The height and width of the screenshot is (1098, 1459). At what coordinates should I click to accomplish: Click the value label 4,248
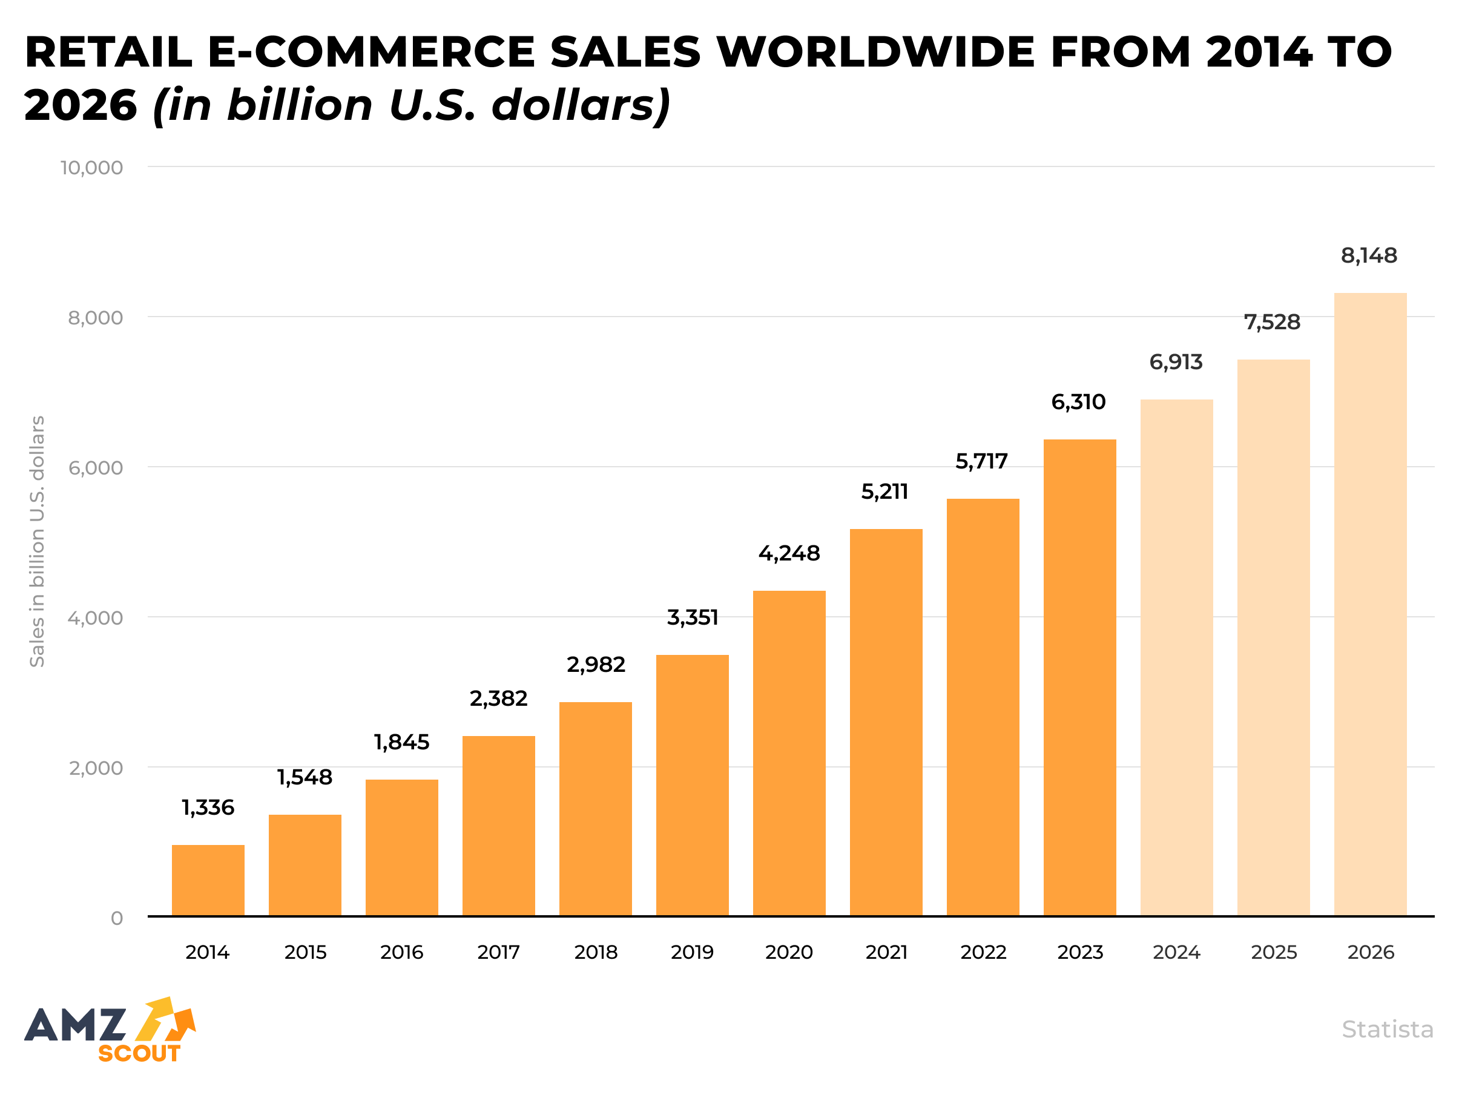coord(789,553)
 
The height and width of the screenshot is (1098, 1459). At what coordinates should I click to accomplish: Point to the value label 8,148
coord(1369,255)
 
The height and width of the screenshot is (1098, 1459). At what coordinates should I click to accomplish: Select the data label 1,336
coord(208,807)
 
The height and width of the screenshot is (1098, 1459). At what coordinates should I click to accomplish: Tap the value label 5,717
coord(981,461)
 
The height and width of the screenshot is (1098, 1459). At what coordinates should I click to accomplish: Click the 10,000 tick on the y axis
coord(91,168)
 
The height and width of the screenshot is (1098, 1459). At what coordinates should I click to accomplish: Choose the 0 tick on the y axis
coord(117,918)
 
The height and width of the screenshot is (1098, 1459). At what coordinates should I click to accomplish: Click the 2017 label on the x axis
coord(498,952)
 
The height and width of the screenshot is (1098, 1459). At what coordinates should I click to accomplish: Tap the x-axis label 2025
coord(1274,952)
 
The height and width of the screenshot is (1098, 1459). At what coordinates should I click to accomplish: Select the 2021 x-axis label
coord(886,952)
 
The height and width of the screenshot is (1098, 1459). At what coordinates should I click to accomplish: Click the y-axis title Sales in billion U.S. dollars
coord(37,541)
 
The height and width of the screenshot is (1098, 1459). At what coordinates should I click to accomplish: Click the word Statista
coord(1387,1029)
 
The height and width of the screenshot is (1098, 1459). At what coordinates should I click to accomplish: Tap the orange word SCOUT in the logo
coord(139,1053)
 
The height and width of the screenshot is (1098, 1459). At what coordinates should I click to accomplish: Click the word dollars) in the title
coord(581,105)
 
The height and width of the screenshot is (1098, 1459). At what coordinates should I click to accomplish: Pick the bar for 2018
coord(595,809)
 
